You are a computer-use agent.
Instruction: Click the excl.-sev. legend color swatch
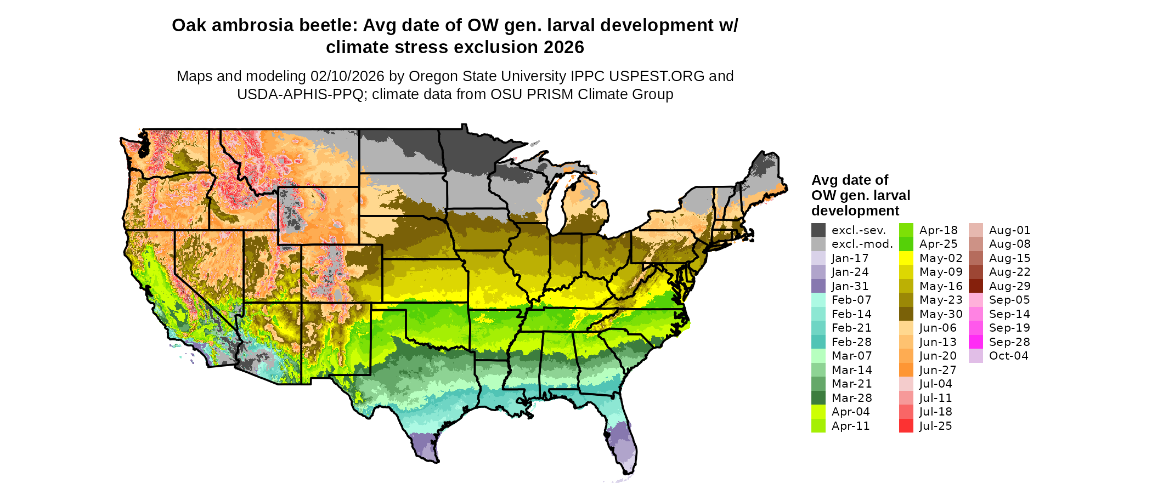click(x=818, y=230)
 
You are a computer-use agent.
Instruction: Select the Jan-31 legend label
click(x=850, y=286)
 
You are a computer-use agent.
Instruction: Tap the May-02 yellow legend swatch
click(x=906, y=258)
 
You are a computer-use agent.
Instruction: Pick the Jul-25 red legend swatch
click(x=906, y=426)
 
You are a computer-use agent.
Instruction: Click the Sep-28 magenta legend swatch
click(x=975, y=342)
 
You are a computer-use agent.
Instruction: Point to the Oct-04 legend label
click(x=1008, y=356)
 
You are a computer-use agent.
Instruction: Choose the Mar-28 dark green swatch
click(x=818, y=398)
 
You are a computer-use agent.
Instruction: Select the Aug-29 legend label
click(x=1009, y=286)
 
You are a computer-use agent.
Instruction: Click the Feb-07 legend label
click(x=851, y=300)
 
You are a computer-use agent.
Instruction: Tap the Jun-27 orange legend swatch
click(x=906, y=370)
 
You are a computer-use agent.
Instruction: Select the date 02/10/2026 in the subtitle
click(x=347, y=76)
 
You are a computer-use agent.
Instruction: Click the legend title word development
click(x=855, y=211)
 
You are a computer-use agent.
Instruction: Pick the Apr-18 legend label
click(x=938, y=230)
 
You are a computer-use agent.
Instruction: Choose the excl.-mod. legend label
click(x=862, y=244)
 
